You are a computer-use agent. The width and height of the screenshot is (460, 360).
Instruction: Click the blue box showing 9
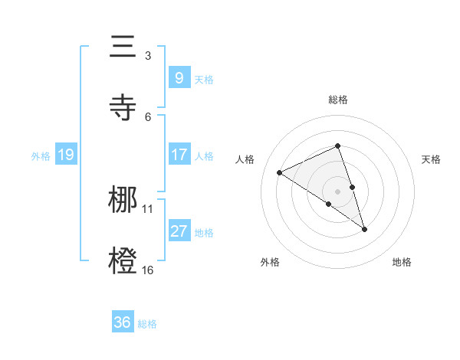point(179,77)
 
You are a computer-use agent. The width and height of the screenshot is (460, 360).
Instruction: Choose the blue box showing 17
point(179,155)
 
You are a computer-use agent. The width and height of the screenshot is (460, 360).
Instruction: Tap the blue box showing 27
point(179,231)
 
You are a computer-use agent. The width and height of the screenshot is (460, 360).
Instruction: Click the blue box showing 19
point(65,155)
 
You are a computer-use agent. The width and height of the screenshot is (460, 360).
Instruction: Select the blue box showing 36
point(123,322)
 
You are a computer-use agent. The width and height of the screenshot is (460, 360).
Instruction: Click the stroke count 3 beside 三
point(148,56)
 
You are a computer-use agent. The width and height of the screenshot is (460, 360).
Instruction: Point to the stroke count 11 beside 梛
point(148,208)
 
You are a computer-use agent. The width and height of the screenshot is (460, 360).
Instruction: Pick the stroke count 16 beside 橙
point(148,270)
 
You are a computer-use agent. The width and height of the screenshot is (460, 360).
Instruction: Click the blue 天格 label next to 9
point(204,80)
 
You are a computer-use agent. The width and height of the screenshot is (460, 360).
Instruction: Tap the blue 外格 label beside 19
point(41,156)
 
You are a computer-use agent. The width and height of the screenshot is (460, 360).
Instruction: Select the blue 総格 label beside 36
point(147,324)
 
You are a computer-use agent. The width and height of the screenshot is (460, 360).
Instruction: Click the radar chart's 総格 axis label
point(337,100)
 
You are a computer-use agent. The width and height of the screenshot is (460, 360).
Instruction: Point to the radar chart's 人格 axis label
point(245,159)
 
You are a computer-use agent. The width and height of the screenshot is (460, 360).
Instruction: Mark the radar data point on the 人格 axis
point(280,173)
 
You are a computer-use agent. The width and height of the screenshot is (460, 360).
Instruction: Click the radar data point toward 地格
point(365,229)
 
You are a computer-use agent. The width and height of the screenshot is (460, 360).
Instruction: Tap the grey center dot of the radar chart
point(337,190)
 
